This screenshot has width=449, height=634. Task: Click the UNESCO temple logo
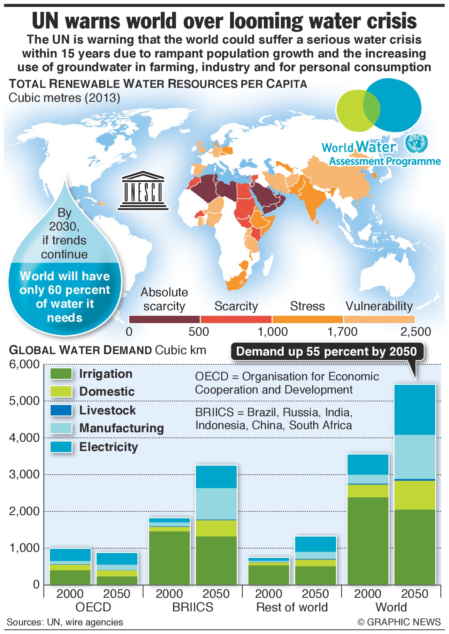tap(143, 191)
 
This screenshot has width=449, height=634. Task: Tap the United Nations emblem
tap(416, 143)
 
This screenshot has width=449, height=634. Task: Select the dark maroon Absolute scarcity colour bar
tap(164, 319)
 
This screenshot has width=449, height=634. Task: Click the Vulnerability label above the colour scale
tap(379, 306)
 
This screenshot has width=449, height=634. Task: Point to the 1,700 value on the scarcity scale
tap(342, 331)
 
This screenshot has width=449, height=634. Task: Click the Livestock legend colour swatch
tap(61, 410)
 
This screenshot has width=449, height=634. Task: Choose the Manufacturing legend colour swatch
tap(61, 428)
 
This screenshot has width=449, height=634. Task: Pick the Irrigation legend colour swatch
tap(61, 374)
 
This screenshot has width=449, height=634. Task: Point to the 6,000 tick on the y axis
tap(24, 364)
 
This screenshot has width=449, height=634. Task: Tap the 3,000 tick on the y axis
tap(24, 474)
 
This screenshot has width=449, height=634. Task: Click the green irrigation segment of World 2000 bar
tap(368, 541)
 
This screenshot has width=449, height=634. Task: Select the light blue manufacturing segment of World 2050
tap(415, 457)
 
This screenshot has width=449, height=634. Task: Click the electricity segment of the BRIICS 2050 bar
tap(216, 476)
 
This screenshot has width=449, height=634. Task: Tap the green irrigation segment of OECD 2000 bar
tap(70, 577)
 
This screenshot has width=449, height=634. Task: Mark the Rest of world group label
tap(292, 608)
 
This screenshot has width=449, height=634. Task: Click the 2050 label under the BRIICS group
tap(216, 594)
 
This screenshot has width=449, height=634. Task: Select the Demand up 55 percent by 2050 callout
tap(326, 351)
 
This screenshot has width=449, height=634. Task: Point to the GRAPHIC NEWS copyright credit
tap(399, 622)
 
